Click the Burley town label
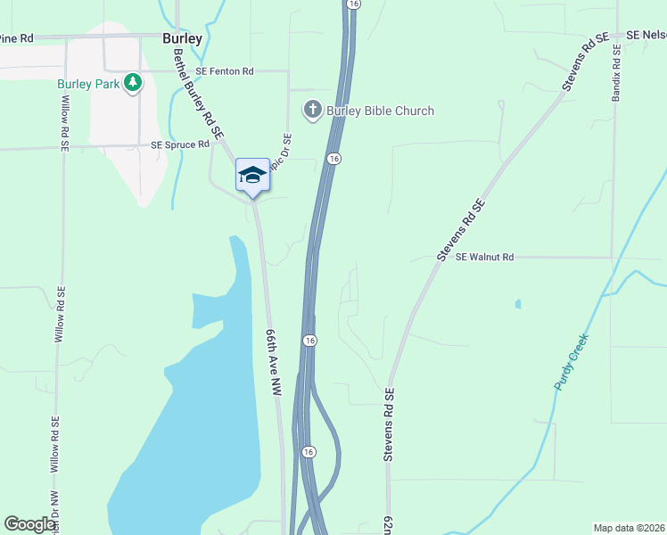[182, 39]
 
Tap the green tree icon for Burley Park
[133, 83]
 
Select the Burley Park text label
[88, 84]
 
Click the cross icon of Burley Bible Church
[312, 111]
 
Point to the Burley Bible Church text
[380, 111]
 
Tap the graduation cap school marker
[252, 174]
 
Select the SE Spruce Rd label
[180, 144]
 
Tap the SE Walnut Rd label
[485, 258]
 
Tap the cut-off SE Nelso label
[646, 34]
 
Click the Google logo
[30, 524]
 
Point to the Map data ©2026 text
[630, 528]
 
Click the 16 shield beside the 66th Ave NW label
[309, 341]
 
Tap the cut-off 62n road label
[389, 523]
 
